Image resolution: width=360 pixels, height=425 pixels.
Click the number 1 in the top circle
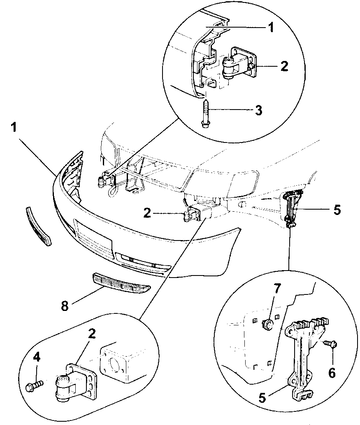click(270, 28)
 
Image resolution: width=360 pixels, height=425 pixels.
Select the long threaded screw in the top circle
click(206, 111)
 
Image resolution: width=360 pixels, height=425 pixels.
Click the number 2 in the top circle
click(284, 66)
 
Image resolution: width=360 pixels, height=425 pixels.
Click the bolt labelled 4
click(34, 386)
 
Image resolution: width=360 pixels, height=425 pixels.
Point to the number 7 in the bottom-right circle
click(278, 288)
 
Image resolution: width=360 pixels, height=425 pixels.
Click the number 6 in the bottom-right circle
click(332, 372)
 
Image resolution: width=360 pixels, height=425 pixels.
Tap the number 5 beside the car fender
click(337, 210)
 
